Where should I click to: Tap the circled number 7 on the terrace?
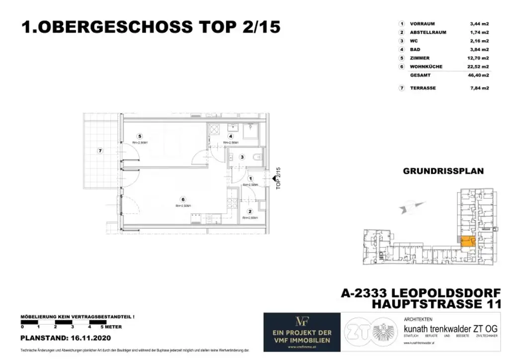coord(100,151)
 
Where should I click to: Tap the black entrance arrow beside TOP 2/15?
coord(274,178)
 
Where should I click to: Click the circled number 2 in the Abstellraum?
coord(250,211)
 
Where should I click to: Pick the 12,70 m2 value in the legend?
coord(479,58)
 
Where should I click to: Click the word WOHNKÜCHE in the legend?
coord(426,67)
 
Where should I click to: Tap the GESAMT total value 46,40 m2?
coord(479,76)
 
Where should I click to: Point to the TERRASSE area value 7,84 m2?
coord(479,88)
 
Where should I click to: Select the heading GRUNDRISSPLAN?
coord(443,171)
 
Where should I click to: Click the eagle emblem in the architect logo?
coord(384,330)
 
